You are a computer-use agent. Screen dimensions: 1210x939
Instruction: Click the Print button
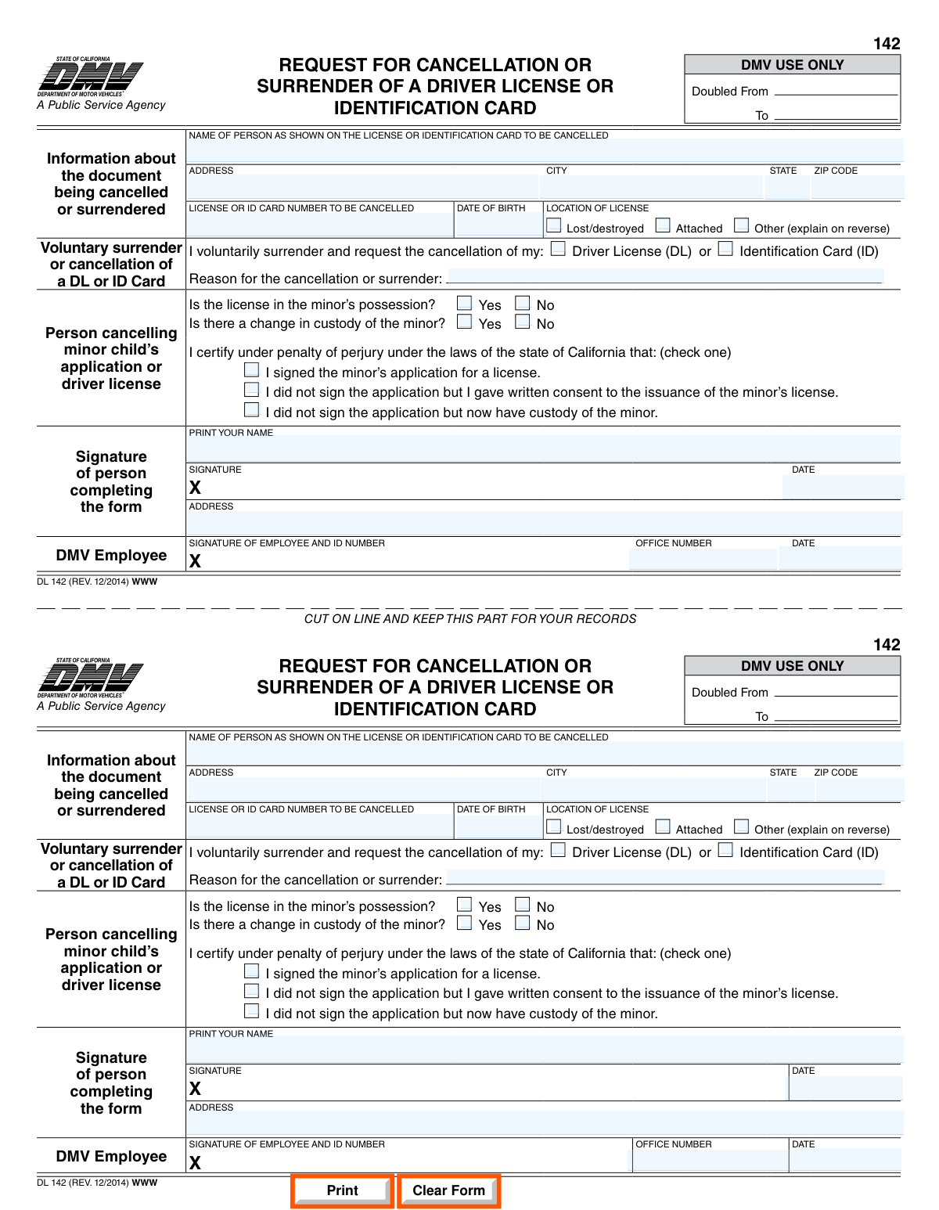(x=342, y=1190)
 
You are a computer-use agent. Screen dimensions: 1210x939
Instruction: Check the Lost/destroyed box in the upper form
(x=554, y=225)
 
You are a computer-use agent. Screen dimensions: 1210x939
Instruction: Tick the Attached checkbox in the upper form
(x=663, y=225)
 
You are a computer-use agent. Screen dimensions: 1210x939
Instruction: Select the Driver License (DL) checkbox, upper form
(x=558, y=249)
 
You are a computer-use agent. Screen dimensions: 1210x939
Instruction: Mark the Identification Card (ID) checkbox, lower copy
(x=726, y=850)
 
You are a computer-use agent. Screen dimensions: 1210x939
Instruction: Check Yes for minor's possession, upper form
(x=465, y=303)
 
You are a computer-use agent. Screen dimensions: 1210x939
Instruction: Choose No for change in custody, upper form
(x=523, y=322)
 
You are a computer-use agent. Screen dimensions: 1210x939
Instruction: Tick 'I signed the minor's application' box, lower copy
(x=252, y=971)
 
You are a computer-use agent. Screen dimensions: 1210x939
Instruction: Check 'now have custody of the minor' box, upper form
(x=252, y=409)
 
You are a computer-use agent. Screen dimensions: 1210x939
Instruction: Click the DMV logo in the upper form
(x=91, y=78)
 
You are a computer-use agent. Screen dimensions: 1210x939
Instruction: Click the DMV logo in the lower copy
(x=91, y=679)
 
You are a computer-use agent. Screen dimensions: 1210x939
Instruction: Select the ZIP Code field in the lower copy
(x=858, y=790)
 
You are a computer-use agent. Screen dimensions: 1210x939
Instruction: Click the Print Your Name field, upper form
(x=543, y=450)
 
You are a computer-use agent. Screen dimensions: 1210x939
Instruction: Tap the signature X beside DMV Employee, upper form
(x=195, y=561)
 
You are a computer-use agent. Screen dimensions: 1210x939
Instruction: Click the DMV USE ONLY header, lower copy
(x=792, y=666)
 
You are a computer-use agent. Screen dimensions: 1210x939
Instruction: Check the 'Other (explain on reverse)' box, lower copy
(x=742, y=826)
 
